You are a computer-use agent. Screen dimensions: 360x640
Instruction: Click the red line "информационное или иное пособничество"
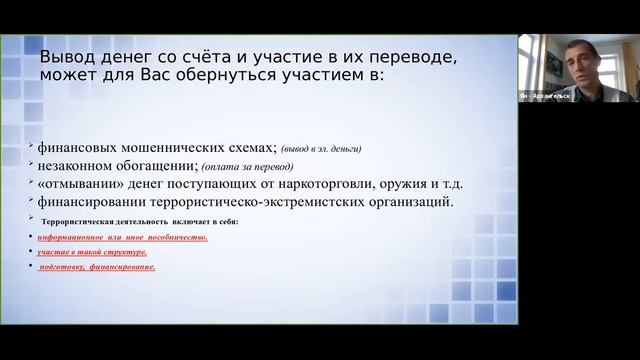[x=122, y=237]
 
